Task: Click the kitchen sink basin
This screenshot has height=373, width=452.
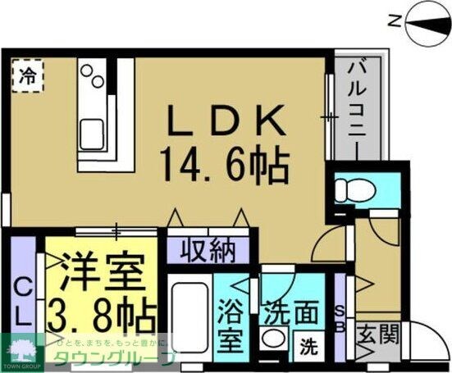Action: [89, 131]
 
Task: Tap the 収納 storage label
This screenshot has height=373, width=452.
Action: [209, 248]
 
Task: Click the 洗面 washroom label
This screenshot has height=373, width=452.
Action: [290, 312]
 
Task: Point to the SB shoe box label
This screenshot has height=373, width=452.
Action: [342, 315]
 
